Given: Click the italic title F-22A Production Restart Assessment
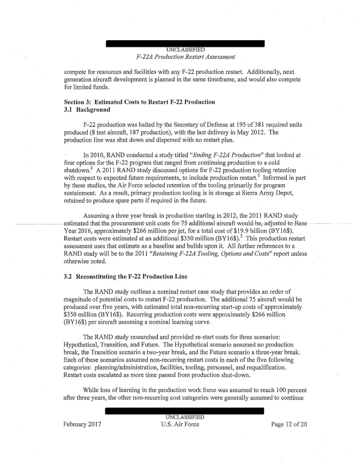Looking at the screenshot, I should (181, 57).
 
